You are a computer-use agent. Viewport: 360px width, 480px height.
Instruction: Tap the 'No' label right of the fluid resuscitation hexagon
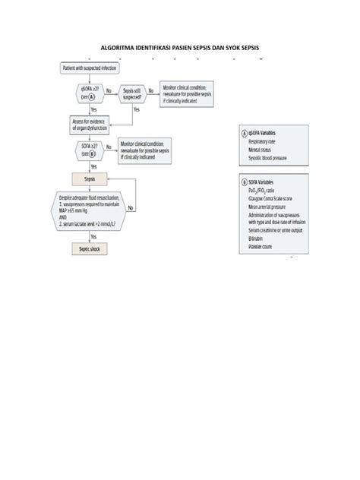pyautogui.click(x=131, y=207)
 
